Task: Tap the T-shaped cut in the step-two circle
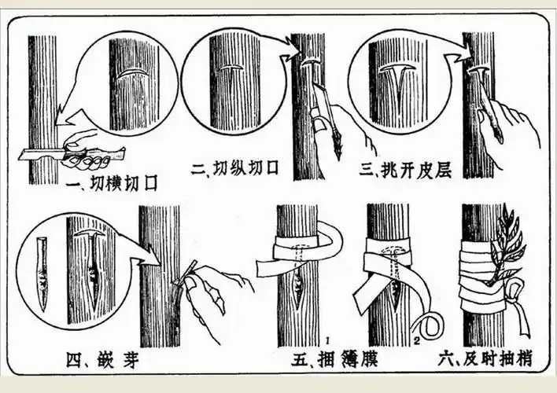point(234,75)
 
